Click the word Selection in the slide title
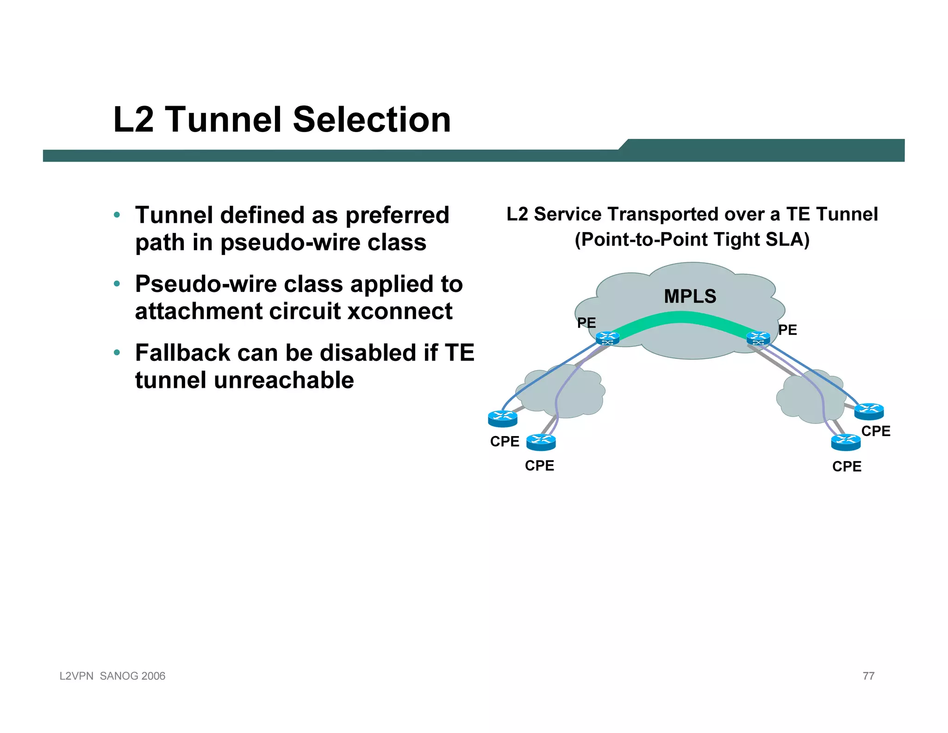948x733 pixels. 372,120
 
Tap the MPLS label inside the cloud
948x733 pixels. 690,297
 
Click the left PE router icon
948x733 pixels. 607,339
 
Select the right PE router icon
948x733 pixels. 758,339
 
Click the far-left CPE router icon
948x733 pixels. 502,418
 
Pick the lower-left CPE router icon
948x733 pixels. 541,442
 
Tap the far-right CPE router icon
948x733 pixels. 869,411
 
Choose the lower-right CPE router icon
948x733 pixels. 846,442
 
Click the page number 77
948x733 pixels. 868,676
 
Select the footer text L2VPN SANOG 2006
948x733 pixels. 112,676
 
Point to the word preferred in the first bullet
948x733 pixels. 397,215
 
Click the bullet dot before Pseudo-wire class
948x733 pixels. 117,284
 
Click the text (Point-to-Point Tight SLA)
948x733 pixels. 692,240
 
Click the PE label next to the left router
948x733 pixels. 586,323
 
